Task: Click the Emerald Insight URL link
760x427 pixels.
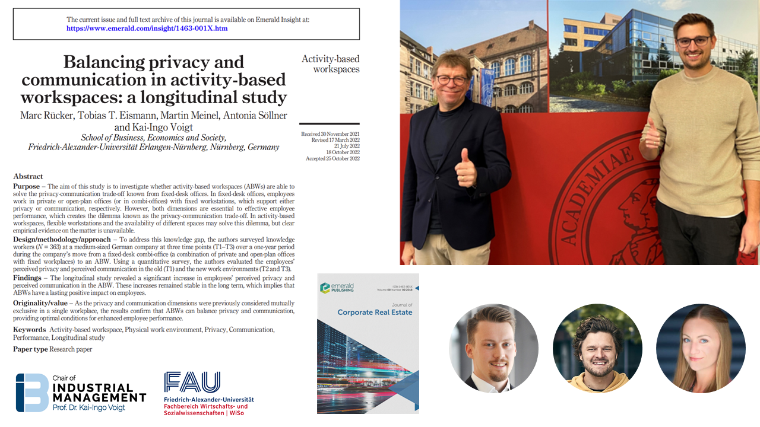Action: coord(147,28)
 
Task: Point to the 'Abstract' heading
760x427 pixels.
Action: coord(28,176)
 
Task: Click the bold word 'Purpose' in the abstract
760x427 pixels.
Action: coord(27,186)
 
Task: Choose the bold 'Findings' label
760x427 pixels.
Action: coord(27,278)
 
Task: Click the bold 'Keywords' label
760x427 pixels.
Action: coord(30,329)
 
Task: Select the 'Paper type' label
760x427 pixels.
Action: coord(30,349)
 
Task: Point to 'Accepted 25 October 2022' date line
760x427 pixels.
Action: coord(332,158)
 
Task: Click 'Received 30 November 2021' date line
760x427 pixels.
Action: coord(330,134)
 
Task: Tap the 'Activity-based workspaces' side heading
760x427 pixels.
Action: coord(330,64)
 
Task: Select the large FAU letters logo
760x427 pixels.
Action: coord(192,383)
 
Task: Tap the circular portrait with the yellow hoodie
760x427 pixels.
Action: coord(597,348)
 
